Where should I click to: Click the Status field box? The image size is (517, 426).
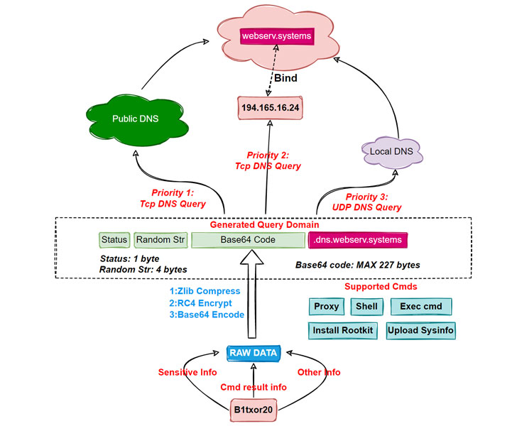pyautogui.click(x=114, y=240)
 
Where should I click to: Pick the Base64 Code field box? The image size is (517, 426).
pyautogui.click(x=247, y=240)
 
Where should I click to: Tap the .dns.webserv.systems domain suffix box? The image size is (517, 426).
pyautogui.click(x=359, y=240)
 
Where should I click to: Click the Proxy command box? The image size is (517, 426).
pyautogui.click(x=326, y=307)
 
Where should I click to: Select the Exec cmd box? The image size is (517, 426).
pyautogui.click(x=421, y=307)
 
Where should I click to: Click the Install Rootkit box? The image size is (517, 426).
pyautogui.click(x=342, y=330)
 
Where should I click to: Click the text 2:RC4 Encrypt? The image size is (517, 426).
pyautogui.click(x=206, y=302)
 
